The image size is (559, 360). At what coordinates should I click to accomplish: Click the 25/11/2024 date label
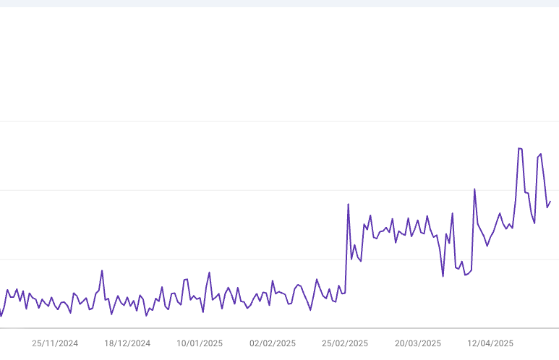coord(55,343)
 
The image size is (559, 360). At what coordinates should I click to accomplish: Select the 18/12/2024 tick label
coord(127,343)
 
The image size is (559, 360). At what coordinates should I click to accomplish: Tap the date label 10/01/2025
coord(200,343)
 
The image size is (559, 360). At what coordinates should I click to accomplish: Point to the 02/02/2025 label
coord(273,343)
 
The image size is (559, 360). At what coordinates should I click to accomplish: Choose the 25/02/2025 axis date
coord(345,343)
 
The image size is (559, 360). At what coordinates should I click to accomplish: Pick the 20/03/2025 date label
coord(418,343)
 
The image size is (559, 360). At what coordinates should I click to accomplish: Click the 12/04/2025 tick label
coord(490,343)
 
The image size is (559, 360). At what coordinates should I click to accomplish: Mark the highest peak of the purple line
coord(519,148)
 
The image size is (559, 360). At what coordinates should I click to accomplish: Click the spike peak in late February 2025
coord(348,204)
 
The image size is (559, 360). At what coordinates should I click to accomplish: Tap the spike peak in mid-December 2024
coord(102,270)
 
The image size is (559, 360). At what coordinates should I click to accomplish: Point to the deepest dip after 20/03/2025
coord(443,275)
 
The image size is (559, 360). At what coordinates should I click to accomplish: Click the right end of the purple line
coord(550,201)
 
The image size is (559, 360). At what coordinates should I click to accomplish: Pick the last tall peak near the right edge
coord(540,154)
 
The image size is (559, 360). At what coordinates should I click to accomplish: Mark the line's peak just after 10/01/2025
coord(209,273)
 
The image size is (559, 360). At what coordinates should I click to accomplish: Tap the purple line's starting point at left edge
coord(1,316)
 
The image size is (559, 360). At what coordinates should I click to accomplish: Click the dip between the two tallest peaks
coord(534,223)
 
